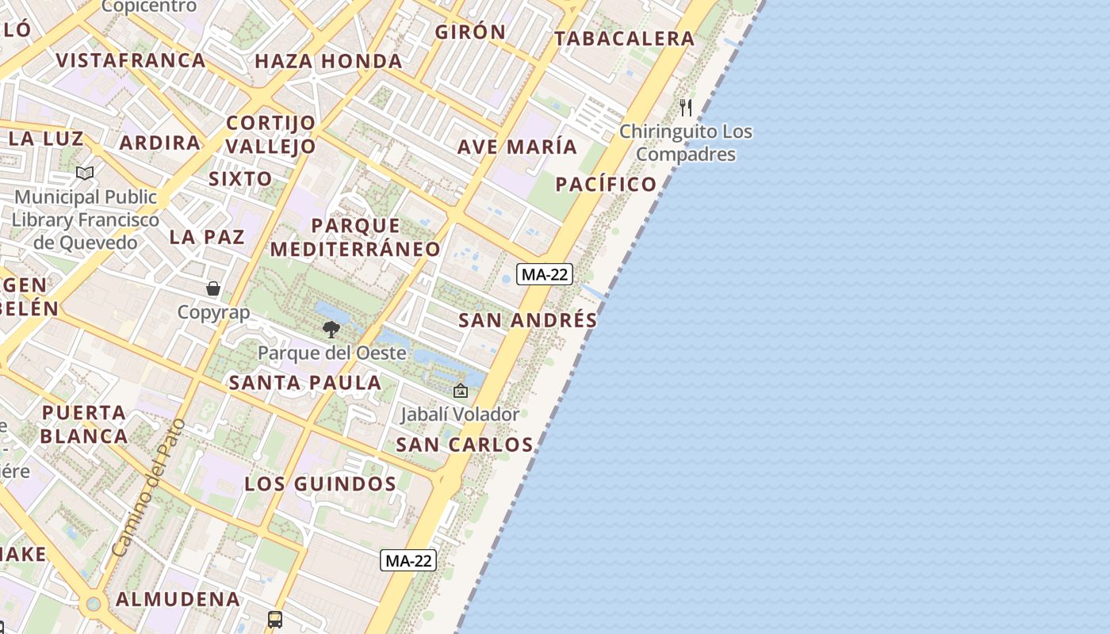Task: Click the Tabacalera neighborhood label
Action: coord(624,38)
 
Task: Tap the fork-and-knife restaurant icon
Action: coord(686,107)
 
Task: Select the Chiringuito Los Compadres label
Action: coord(686,143)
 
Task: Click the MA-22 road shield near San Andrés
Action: coord(544,274)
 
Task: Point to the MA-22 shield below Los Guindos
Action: coord(408,560)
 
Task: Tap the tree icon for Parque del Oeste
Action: coord(331,329)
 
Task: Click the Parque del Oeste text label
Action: coord(332,353)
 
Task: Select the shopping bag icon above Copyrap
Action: coord(213,288)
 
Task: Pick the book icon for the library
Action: coord(85,173)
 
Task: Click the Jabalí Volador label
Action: coord(460,414)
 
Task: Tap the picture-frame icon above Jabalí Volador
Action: coord(460,391)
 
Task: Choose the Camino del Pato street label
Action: coord(148,487)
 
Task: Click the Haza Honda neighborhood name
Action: coord(328,61)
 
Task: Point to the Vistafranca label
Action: coord(131,60)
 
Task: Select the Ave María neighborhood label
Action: coord(517,147)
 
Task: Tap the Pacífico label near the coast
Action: coord(606,185)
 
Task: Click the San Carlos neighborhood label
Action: coord(465,445)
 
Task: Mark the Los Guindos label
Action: coord(320,483)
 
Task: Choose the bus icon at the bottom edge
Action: coord(275,619)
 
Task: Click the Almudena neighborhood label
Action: coord(178,599)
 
